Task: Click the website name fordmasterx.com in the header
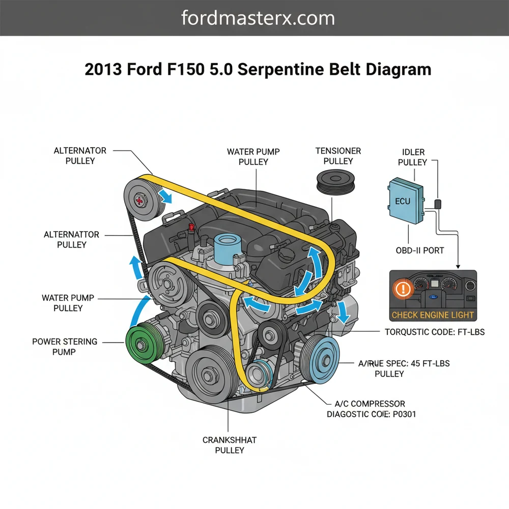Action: (x=258, y=18)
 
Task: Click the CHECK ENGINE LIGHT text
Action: (x=432, y=315)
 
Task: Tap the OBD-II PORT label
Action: (x=420, y=250)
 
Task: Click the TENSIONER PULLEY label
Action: (x=338, y=156)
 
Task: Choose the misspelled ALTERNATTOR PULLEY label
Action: (x=71, y=240)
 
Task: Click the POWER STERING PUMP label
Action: (x=64, y=347)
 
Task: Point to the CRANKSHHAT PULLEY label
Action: (x=230, y=445)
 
